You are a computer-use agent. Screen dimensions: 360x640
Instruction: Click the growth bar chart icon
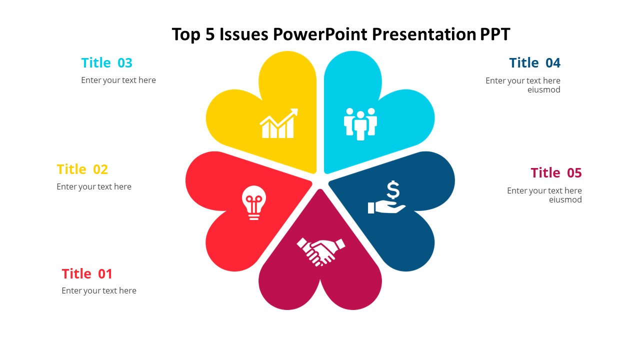point(278,123)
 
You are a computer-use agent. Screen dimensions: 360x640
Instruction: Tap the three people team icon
point(360,123)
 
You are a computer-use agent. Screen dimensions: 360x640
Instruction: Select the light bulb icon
point(254,202)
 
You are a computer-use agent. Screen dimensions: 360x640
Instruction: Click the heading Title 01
point(87,274)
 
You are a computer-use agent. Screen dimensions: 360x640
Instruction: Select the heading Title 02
point(82,169)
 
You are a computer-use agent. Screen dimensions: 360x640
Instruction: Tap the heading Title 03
point(106,63)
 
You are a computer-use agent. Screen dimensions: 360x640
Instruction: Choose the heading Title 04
point(534,63)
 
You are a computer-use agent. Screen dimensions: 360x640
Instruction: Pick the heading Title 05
point(556,173)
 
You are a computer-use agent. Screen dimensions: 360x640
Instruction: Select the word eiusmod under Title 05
point(565,200)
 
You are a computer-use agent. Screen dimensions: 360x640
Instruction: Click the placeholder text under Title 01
point(99,291)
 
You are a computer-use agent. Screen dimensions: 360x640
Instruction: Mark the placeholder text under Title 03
point(118,80)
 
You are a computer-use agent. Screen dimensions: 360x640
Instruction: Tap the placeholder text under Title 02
point(94,187)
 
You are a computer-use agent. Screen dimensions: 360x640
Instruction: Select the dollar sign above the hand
point(393,190)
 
